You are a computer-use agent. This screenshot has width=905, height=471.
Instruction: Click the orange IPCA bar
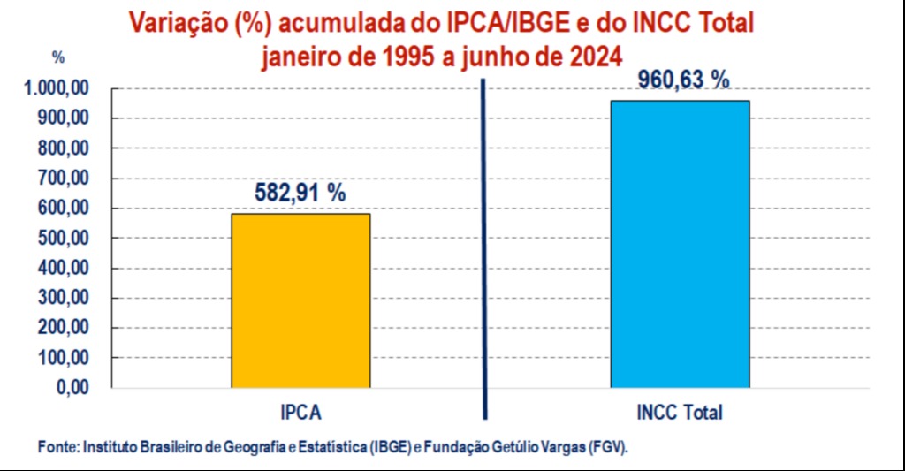tap(300, 300)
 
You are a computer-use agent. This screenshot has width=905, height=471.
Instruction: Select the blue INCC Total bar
tap(680, 244)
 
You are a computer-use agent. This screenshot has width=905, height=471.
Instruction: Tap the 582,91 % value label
tap(300, 193)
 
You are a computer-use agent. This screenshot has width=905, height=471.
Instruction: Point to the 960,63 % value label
tap(684, 80)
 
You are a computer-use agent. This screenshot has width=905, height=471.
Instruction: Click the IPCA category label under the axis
tap(300, 413)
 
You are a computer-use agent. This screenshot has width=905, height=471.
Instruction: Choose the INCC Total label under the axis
tap(679, 413)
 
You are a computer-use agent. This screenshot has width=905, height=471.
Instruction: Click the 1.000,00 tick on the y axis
tap(57, 88)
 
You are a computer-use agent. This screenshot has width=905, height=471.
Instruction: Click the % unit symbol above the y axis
tap(58, 57)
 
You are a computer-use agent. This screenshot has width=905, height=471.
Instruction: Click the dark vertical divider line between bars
tap(485, 247)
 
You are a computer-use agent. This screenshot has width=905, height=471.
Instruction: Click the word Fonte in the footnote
tap(57, 448)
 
